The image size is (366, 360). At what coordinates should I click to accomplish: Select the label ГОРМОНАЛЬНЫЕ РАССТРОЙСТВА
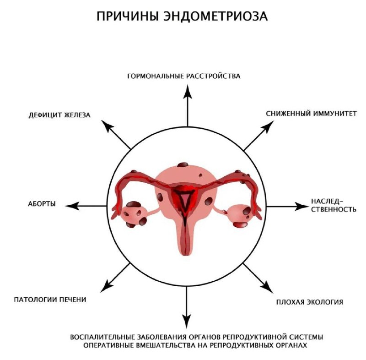click(x=183, y=76)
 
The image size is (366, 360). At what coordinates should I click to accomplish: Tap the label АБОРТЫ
click(x=42, y=204)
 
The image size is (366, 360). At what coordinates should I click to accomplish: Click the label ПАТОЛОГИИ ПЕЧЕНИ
click(x=50, y=300)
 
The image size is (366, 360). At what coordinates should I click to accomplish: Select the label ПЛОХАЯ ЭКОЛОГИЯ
click(x=310, y=302)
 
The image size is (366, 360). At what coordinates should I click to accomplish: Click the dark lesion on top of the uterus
click(x=182, y=165)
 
